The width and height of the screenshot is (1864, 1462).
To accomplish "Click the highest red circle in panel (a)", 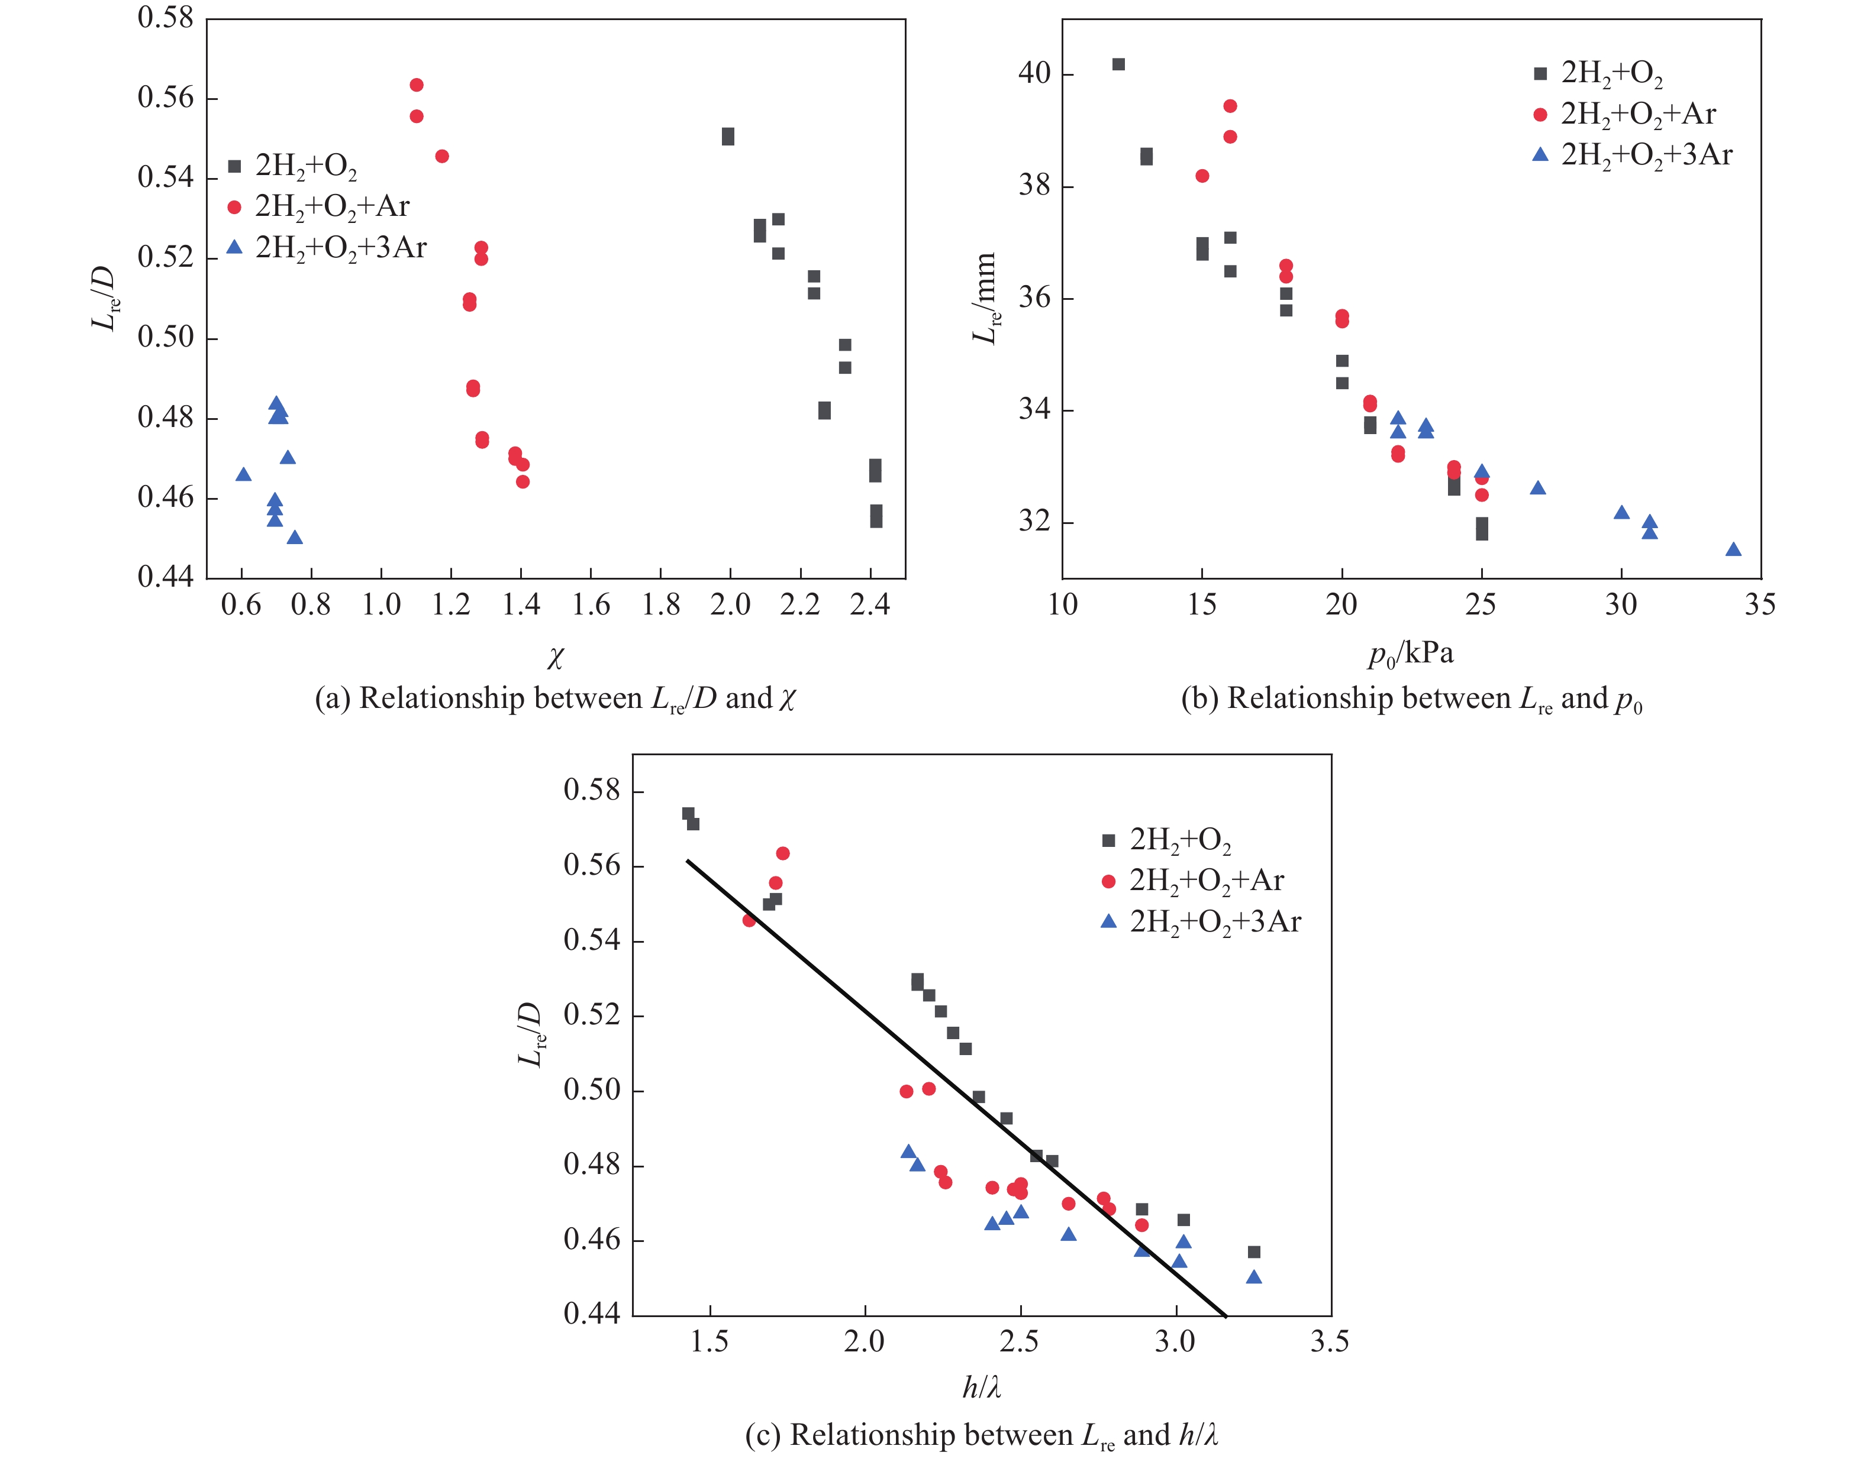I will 416,85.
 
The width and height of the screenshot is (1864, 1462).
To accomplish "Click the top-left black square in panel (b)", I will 1118,64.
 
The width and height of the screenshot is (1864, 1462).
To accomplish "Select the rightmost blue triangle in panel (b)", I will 1734,549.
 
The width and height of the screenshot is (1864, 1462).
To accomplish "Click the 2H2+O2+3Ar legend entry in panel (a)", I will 329,247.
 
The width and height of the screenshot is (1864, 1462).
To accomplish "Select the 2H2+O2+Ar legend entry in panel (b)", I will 1627,114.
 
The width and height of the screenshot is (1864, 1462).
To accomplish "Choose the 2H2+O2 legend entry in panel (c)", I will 1169,840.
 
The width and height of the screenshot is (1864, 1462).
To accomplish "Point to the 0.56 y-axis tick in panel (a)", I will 166,98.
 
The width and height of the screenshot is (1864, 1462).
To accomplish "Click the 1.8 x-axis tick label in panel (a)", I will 661,605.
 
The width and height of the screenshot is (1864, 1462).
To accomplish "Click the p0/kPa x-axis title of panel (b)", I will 1410,654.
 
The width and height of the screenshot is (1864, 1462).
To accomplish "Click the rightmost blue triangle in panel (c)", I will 1255,1277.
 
